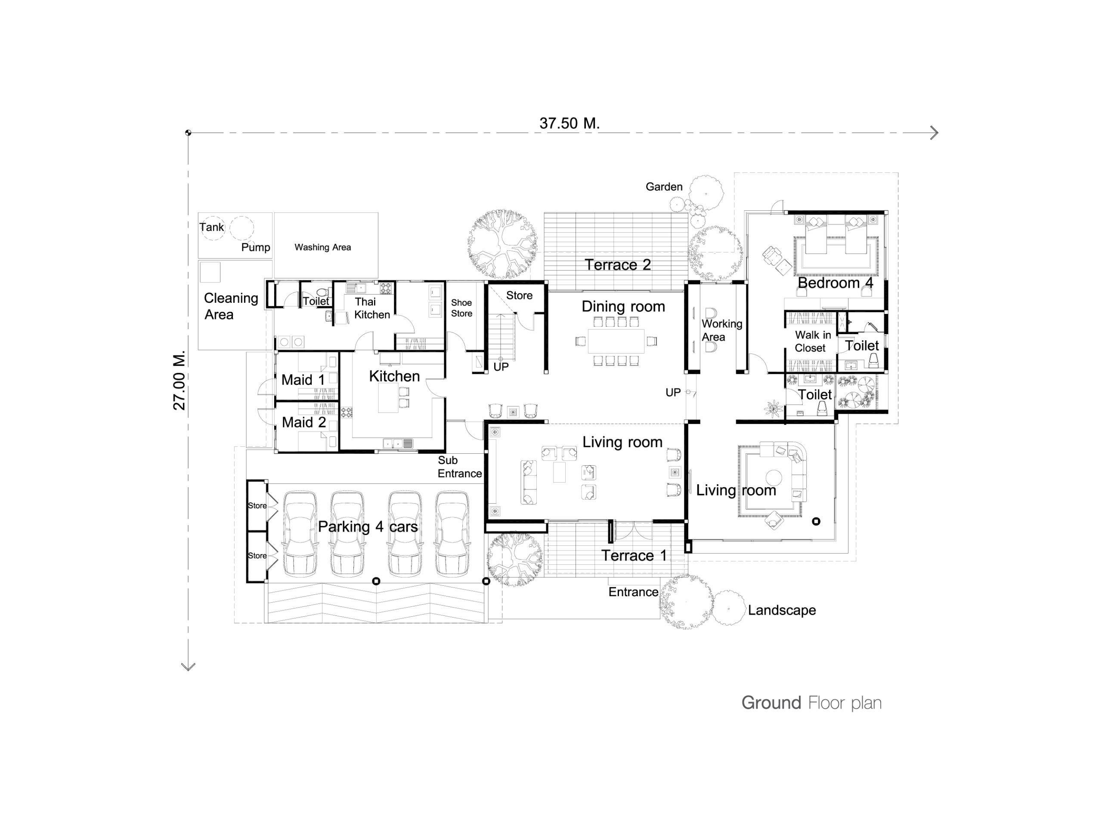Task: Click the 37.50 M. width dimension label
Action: coord(570,123)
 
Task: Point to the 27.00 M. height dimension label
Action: coord(180,380)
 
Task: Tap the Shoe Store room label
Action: coord(461,308)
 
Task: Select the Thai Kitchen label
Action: coord(372,308)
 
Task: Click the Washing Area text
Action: coord(322,247)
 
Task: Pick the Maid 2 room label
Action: coord(304,422)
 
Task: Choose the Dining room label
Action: coord(623,307)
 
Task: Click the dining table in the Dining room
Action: coord(616,341)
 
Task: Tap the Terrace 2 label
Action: coord(618,265)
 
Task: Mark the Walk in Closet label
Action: coord(813,341)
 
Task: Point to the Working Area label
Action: coord(721,330)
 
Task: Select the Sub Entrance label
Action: coord(460,467)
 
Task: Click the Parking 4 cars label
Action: coord(368,526)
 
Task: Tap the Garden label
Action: coord(664,187)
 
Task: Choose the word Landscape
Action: coord(782,610)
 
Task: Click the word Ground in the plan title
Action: coord(771,703)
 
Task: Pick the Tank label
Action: coord(212,227)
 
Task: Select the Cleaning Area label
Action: coord(231,307)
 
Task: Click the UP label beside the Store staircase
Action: coord(501,367)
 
